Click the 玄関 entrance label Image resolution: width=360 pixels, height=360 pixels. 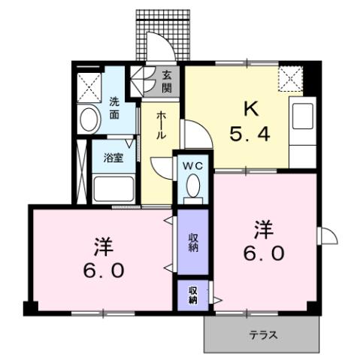167,81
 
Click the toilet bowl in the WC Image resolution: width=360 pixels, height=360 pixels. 194,185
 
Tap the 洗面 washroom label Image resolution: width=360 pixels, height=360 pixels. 115,110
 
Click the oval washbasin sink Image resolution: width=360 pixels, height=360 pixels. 89,118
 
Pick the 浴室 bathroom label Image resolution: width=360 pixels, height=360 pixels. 114,158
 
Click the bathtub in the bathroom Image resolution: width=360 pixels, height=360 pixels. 113,187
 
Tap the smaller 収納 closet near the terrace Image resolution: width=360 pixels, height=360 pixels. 193,295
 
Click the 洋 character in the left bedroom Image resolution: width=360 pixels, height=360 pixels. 102,246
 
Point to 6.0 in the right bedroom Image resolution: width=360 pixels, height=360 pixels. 264,253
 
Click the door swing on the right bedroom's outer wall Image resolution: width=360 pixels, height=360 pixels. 327,235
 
